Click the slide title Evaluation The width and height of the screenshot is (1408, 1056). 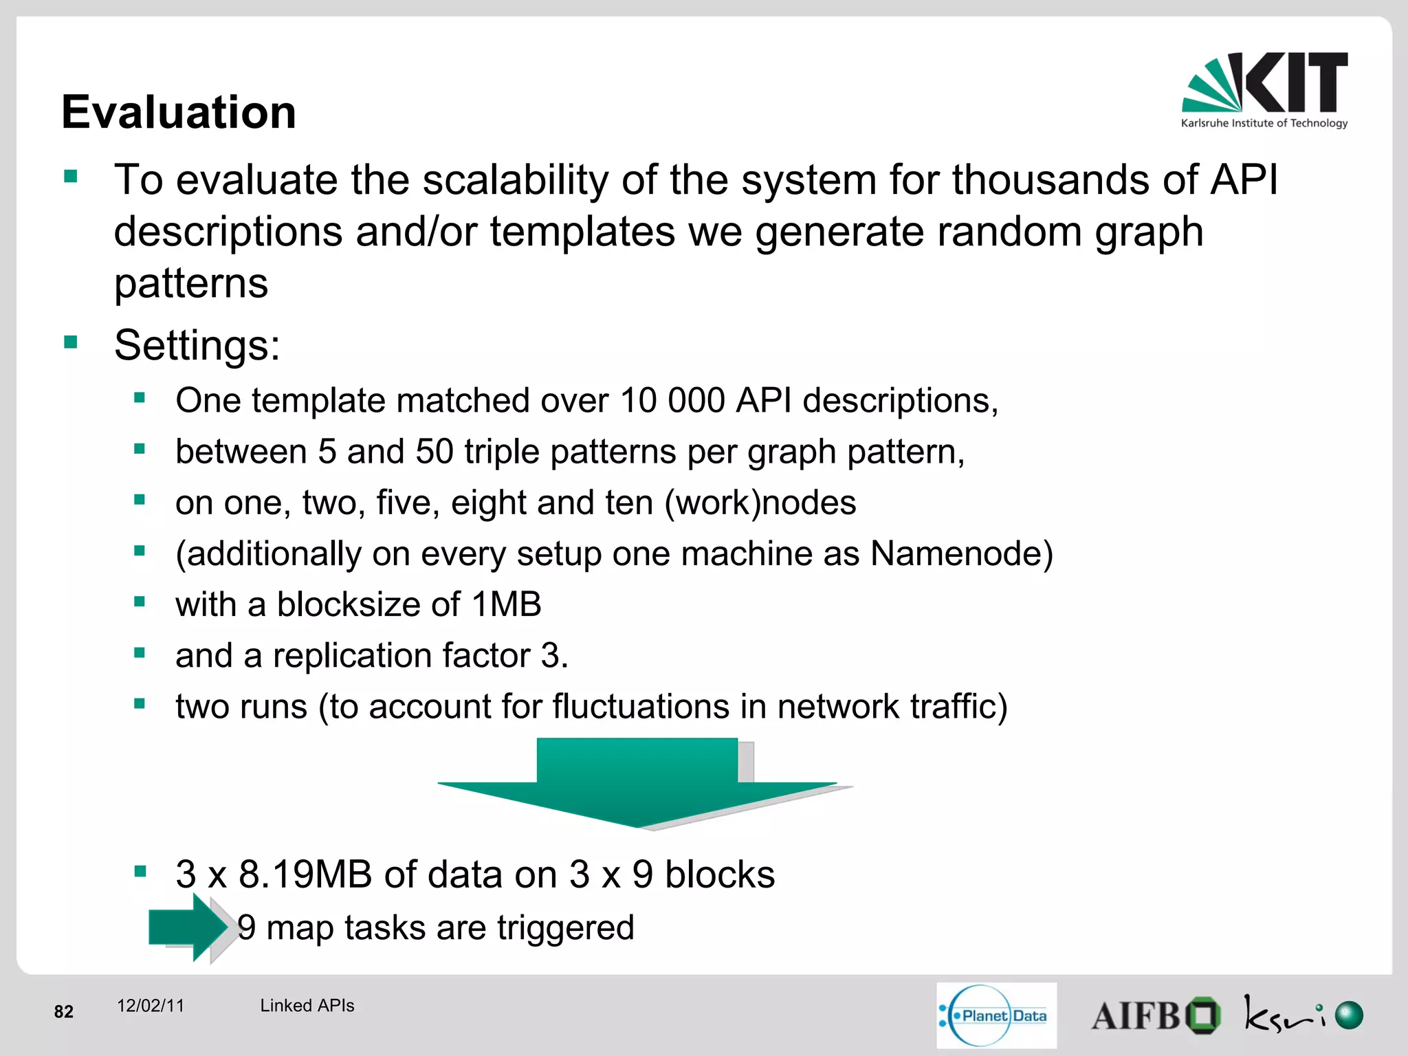(179, 112)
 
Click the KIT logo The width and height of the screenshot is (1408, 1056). (1264, 90)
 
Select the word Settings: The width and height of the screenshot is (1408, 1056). (197, 345)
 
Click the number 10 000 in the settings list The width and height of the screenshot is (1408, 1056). (672, 400)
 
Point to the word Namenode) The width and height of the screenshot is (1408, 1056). (961, 553)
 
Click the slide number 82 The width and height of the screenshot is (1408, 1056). (64, 1011)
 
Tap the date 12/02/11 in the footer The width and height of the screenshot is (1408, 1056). (151, 1006)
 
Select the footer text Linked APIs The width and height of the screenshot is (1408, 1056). (307, 1006)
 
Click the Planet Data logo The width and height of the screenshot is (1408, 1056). (995, 1015)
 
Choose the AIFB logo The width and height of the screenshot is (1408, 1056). (1155, 1015)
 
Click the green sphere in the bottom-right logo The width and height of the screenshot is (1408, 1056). (1349, 1015)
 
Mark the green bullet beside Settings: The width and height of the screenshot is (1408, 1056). (70, 342)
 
